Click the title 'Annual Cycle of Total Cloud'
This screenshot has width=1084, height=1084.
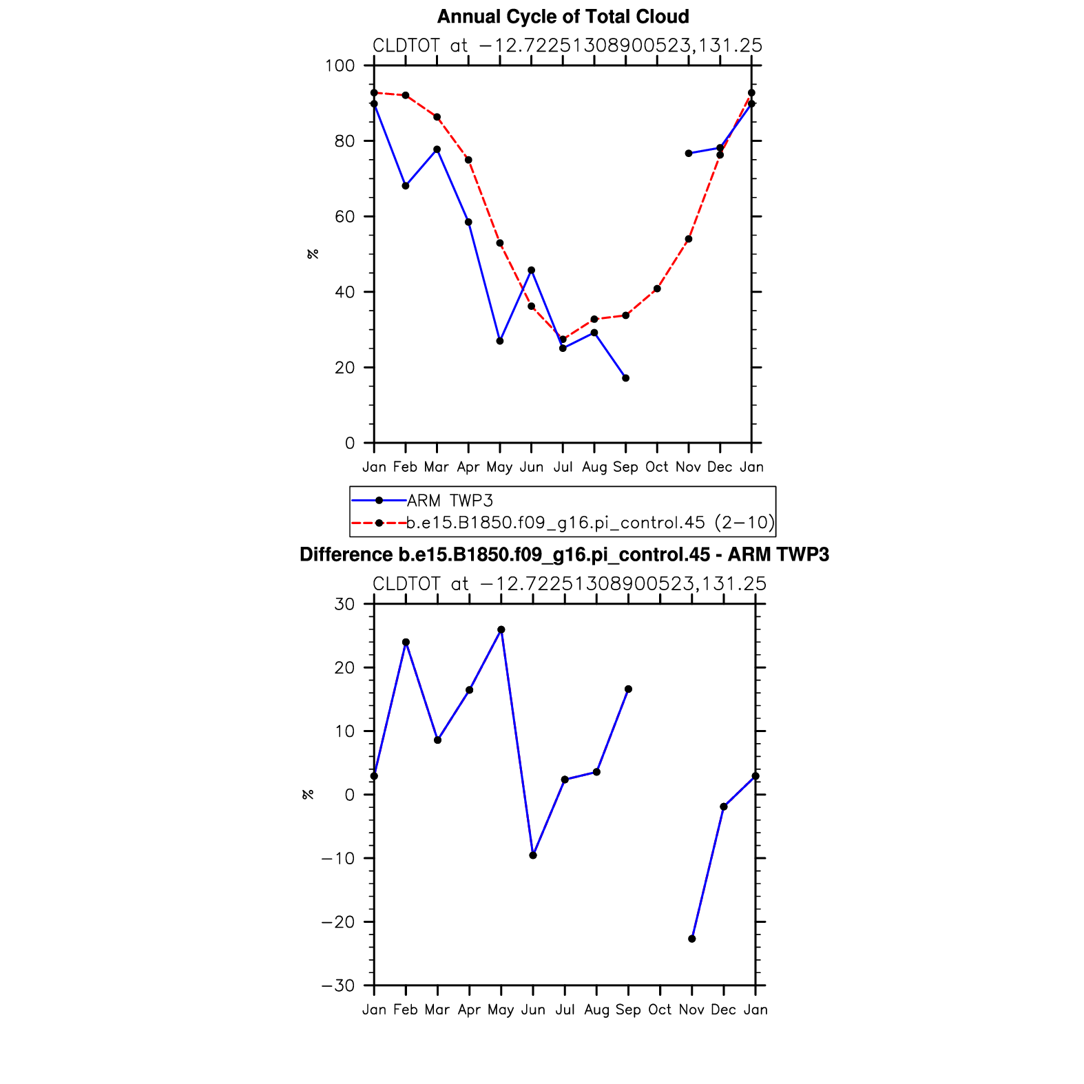[563, 17]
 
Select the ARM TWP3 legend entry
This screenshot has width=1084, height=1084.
[450, 501]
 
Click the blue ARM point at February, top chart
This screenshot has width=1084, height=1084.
[406, 186]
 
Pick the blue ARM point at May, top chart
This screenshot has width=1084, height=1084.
[500, 341]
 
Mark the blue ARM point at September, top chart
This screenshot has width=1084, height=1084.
[625, 378]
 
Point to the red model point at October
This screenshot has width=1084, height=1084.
[657, 289]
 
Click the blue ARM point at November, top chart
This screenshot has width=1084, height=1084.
[689, 154]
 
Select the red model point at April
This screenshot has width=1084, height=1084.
[468, 160]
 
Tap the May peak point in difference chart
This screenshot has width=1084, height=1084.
[501, 629]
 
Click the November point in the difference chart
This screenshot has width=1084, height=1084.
[692, 939]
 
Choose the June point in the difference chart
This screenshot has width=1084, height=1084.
[533, 855]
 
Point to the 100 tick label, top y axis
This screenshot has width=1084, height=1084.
[340, 66]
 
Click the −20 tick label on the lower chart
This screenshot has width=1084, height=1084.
[337, 922]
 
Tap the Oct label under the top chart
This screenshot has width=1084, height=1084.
[657, 467]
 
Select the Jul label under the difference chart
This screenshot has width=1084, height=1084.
[565, 1010]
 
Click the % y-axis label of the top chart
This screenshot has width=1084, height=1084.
[313, 254]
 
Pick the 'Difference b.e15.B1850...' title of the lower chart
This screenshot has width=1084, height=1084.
[564, 554]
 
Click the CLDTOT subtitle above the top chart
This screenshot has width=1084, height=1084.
[567, 45]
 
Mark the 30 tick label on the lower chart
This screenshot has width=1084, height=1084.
[344, 604]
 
